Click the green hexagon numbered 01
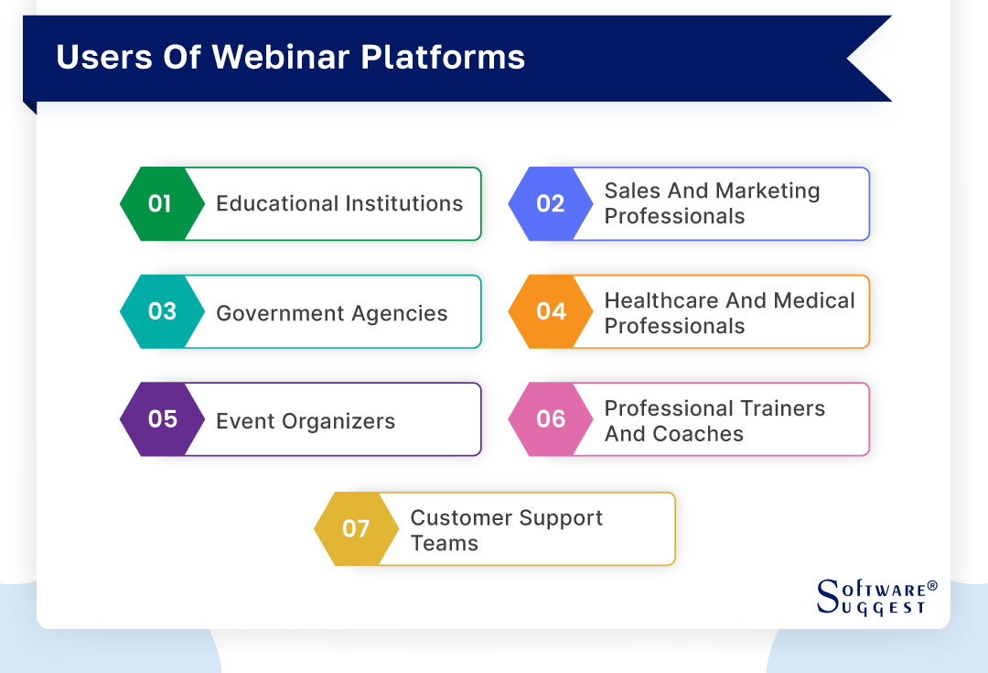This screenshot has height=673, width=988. click(x=158, y=203)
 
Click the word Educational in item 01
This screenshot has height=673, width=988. click(x=274, y=203)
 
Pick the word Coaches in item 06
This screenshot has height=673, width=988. click(x=698, y=434)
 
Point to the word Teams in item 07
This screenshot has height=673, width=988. click(x=444, y=543)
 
